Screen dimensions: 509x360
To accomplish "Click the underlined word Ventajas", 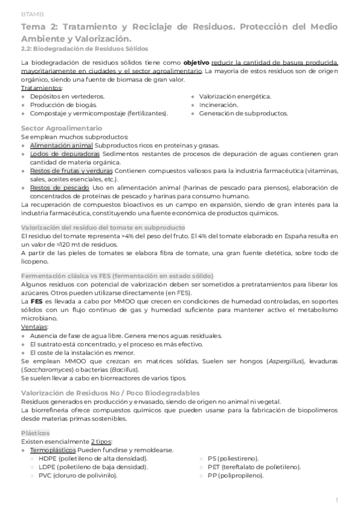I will click(x=35, y=327).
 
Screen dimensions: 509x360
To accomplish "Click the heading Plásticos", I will click(x=36, y=433).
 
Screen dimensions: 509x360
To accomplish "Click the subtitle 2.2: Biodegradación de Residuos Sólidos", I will click(x=84, y=48).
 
